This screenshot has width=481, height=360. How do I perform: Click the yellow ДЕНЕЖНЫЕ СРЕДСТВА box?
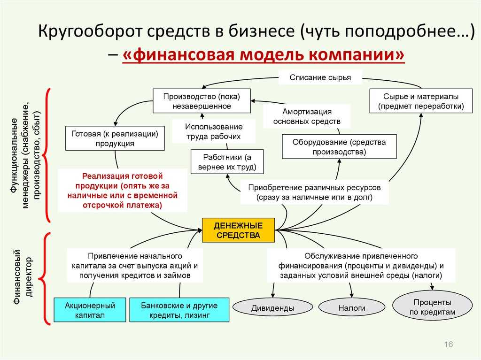[x=238, y=230]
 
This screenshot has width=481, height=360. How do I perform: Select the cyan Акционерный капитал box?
[x=90, y=310]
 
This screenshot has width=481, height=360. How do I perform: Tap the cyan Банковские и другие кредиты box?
[x=179, y=310]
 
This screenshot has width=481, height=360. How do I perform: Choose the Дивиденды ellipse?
[x=273, y=307]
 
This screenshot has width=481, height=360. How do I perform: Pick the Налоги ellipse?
[x=351, y=307]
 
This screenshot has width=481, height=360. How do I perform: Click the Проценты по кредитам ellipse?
[x=432, y=306]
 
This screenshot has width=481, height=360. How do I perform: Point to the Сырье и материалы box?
[x=421, y=101]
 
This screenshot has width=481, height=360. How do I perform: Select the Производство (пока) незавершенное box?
[x=202, y=101]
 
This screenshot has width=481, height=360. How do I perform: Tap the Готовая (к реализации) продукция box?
[x=115, y=138]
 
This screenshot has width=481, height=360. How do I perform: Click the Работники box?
[x=227, y=162]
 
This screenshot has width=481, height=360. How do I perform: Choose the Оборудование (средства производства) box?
[x=339, y=146]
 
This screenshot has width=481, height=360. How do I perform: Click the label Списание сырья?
[x=320, y=77]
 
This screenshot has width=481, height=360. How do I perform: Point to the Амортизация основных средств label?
[x=307, y=116]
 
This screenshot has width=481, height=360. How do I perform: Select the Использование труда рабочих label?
[x=214, y=131]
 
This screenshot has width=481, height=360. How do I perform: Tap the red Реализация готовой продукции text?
[x=123, y=190]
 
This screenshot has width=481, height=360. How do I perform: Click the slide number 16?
[x=448, y=344]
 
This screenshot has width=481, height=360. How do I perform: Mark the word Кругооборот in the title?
[x=91, y=31]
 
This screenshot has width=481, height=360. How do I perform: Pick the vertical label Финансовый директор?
[x=23, y=277]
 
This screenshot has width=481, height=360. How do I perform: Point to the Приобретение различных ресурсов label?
[x=314, y=192]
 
